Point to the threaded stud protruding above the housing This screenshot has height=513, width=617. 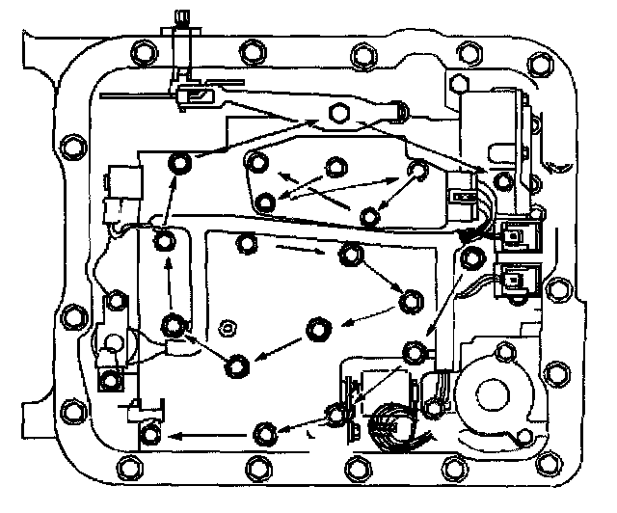pos(182,21)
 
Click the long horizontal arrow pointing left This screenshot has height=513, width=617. pos(202,434)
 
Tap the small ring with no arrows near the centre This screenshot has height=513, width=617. pos(228,326)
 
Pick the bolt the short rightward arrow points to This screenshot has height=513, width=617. pos(350,255)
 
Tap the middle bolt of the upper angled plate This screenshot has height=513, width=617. pos(335,167)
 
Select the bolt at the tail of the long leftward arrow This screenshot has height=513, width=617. pos(264,431)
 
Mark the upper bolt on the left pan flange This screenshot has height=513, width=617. pos(70,148)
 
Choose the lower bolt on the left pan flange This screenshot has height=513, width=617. pos(71,315)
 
